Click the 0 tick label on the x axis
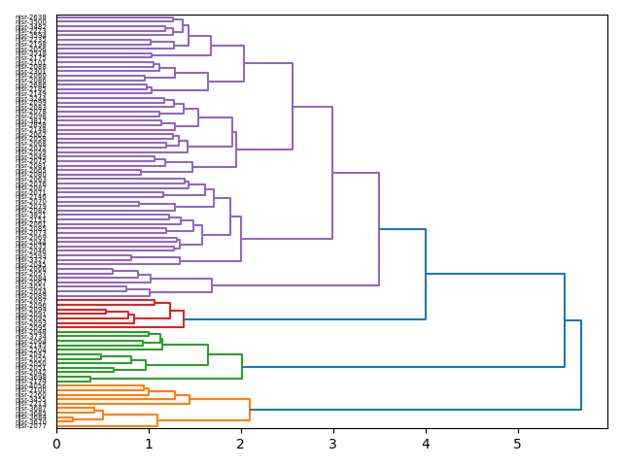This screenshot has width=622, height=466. click(x=56, y=444)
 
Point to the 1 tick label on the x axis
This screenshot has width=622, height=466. click(x=149, y=444)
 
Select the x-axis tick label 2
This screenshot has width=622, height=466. click(x=241, y=444)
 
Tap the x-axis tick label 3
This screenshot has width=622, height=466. click(x=333, y=444)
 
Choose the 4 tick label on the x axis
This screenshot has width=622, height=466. click(x=426, y=444)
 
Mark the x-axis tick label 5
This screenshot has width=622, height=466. click(x=518, y=444)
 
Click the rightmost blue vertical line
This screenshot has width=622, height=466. click(x=581, y=365)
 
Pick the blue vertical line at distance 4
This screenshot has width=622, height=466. click(x=426, y=274)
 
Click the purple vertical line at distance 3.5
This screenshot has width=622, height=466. click(x=379, y=229)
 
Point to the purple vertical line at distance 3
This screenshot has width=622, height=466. click(x=332, y=173)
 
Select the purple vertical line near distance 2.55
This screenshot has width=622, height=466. click(x=293, y=107)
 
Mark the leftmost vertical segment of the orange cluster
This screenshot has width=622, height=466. click(x=73, y=420)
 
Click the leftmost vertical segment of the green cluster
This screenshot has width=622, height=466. click(x=90, y=379)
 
